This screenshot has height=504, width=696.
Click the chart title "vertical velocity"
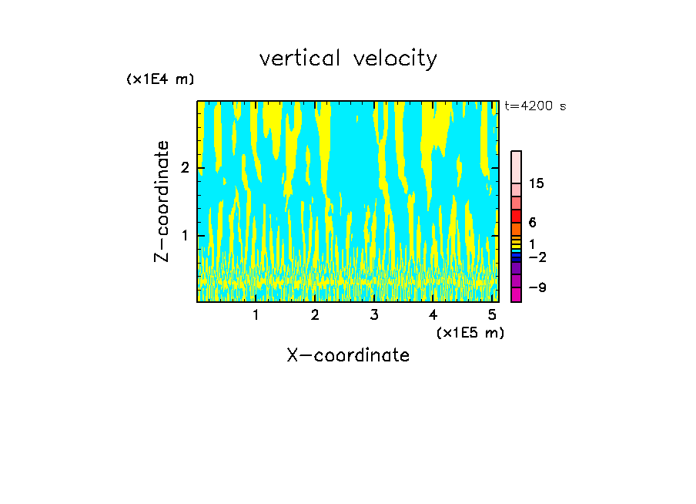pos(348,59)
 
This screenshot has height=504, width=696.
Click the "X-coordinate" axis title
pos(348,355)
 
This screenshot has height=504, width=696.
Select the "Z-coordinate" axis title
pos(162,201)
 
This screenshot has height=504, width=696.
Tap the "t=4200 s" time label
pos(535,106)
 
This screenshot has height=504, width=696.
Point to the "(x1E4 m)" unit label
pos(160,79)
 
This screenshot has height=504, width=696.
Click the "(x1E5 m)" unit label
pos(470,333)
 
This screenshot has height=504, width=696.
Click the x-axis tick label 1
pos(256,315)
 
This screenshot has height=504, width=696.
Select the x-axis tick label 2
pos(315,315)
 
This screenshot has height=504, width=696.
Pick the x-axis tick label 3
pos(374,315)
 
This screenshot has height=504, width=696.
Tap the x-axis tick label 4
pos(433,315)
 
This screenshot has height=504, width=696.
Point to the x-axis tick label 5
pos(492,315)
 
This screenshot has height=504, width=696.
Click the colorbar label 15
pos(537,184)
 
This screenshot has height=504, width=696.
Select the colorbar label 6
pos(532,223)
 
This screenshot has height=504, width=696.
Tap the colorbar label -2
pos(537,257)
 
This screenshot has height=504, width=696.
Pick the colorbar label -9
pos(537,288)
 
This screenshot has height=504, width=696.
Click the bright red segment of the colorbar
pos(517,216)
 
